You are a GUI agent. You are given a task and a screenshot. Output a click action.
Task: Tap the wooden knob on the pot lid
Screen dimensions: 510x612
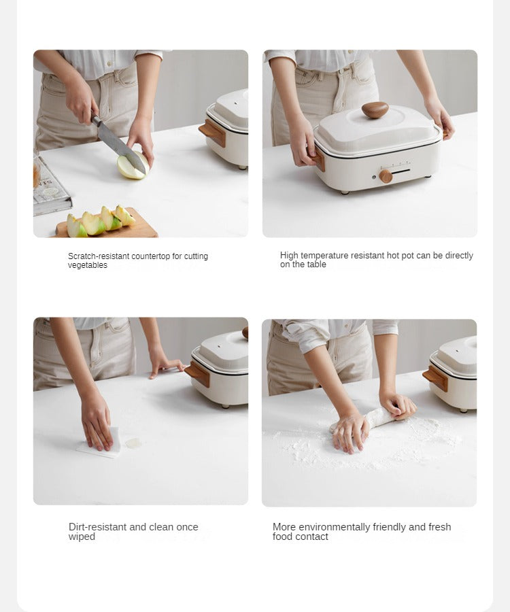click(x=375, y=109)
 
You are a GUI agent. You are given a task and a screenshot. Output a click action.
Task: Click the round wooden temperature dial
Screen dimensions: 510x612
click(x=386, y=176)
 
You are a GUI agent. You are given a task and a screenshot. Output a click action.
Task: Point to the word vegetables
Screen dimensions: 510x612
click(x=88, y=265)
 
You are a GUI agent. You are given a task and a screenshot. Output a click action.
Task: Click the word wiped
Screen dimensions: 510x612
click(x=82, y=537)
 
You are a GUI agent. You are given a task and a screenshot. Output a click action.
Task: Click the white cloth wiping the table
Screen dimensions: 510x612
click(x=99, y=443)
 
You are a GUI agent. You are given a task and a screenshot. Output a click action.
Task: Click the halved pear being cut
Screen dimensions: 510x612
click(x=133, y=165)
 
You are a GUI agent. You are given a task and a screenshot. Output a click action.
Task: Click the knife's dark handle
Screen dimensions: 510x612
click(x=95, y=120)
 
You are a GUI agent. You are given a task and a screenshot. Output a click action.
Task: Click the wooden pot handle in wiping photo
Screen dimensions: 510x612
click(x=197, y=374)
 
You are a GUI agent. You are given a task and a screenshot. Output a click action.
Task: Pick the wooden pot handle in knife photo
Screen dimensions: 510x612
click(x=212, y=133)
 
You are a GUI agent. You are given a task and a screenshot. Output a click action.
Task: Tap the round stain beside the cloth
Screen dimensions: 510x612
click(x=133, y=443)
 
